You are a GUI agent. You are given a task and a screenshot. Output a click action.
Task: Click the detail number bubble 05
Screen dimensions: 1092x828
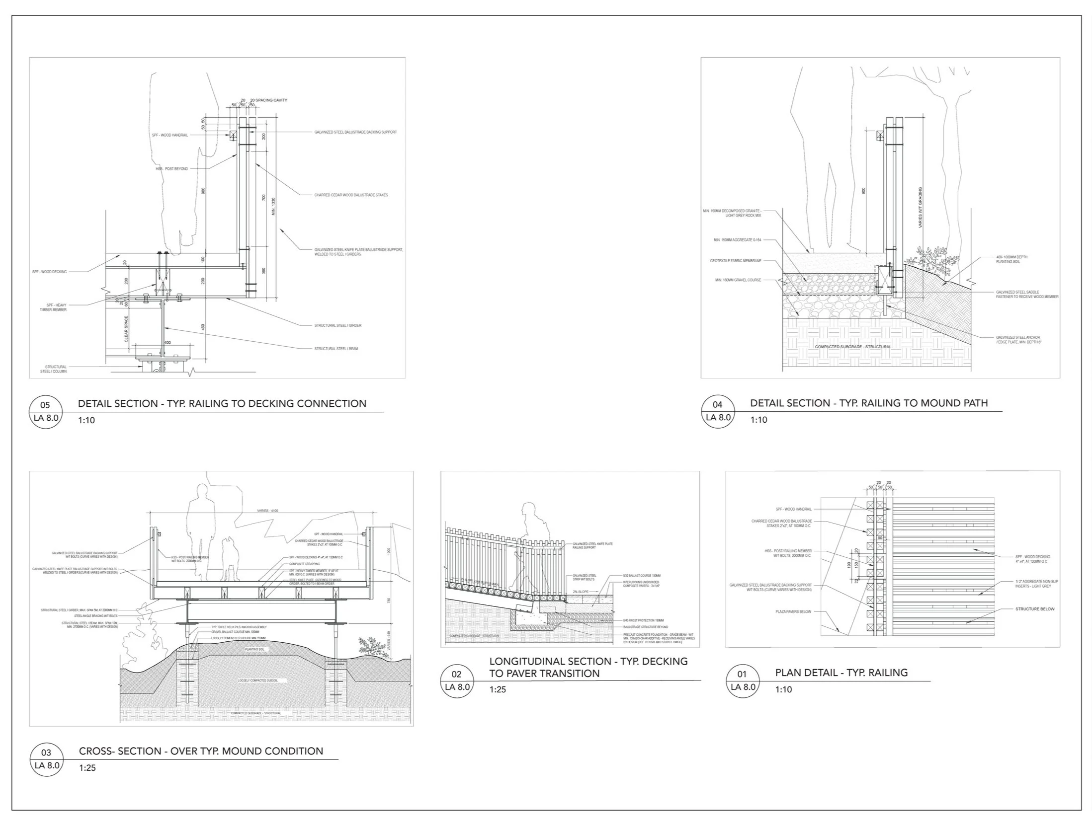click(x=46, y=411)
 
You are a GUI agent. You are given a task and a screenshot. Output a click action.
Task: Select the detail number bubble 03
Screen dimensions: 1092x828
click(x=46, y=758)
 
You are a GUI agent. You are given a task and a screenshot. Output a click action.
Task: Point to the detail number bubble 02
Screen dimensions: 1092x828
click(x=457, y=680)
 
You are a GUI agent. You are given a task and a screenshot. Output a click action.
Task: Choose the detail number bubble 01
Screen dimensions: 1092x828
click(x=742, y=680)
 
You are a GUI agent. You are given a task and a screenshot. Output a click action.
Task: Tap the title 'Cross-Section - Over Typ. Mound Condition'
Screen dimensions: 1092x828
click(x=201, y=751)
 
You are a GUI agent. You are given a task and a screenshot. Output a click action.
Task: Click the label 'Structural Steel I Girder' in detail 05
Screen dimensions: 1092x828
click(x=337, y=325)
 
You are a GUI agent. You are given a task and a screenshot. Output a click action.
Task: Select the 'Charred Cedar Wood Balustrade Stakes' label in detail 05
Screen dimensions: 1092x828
click(x=351, y=195)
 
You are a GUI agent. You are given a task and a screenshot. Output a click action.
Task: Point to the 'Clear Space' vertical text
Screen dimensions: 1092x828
click(x=126, y=329)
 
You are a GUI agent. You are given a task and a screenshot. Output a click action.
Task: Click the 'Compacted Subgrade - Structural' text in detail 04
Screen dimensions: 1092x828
click(x=853, y=347)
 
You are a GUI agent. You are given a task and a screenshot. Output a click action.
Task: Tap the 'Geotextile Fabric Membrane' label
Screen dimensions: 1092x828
click(x=736, y=261)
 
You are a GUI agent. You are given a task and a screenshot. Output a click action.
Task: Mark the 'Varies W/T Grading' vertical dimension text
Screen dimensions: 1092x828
click(x=920, y=207)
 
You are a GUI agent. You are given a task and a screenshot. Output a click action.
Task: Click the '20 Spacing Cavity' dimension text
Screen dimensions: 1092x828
click(x=268, y=100)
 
